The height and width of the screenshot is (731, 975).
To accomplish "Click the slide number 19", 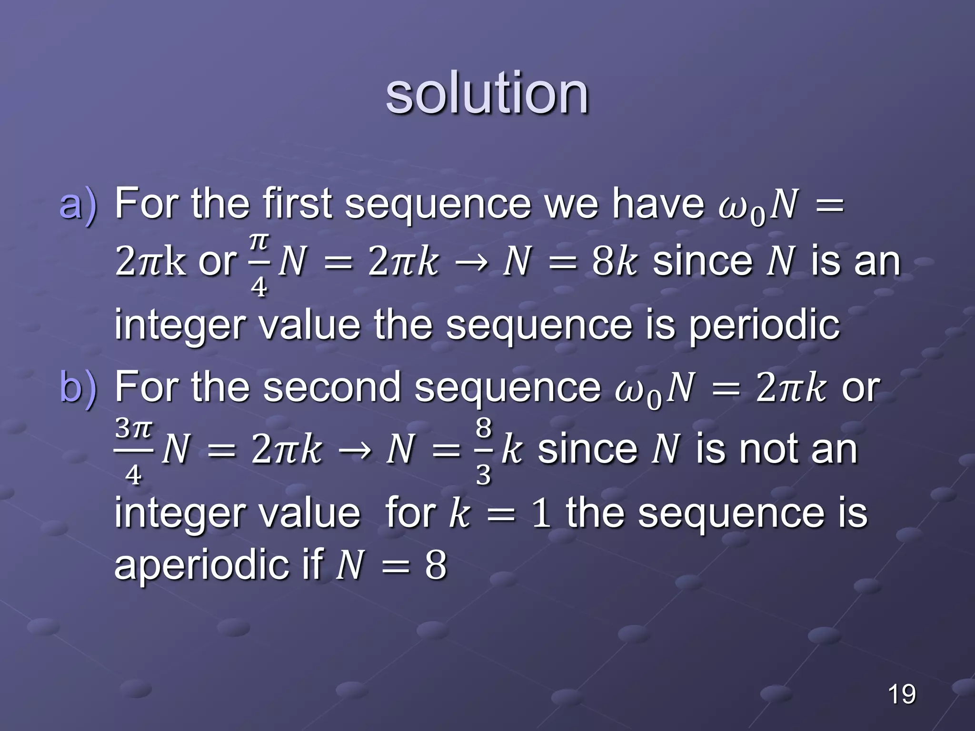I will [x=901, y=694].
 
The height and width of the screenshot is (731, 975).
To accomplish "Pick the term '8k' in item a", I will [x=614, y=262].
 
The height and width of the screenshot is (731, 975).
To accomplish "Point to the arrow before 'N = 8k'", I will [x=470, y=263].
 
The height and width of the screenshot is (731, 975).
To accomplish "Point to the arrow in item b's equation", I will [x=354, y=450].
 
